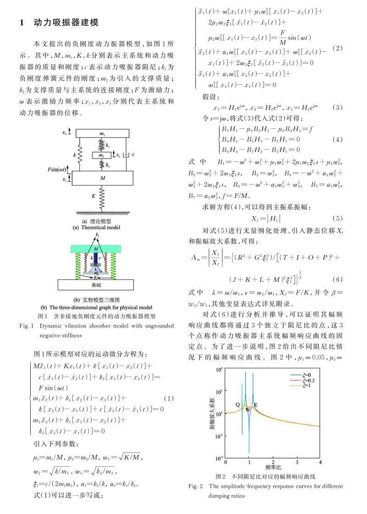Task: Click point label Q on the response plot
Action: coord(238,405)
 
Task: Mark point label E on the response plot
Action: coord(256,405)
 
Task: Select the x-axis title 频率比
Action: coord(273,467)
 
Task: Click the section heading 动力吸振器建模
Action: coord(66,22)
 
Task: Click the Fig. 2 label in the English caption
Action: coord(197,486)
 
